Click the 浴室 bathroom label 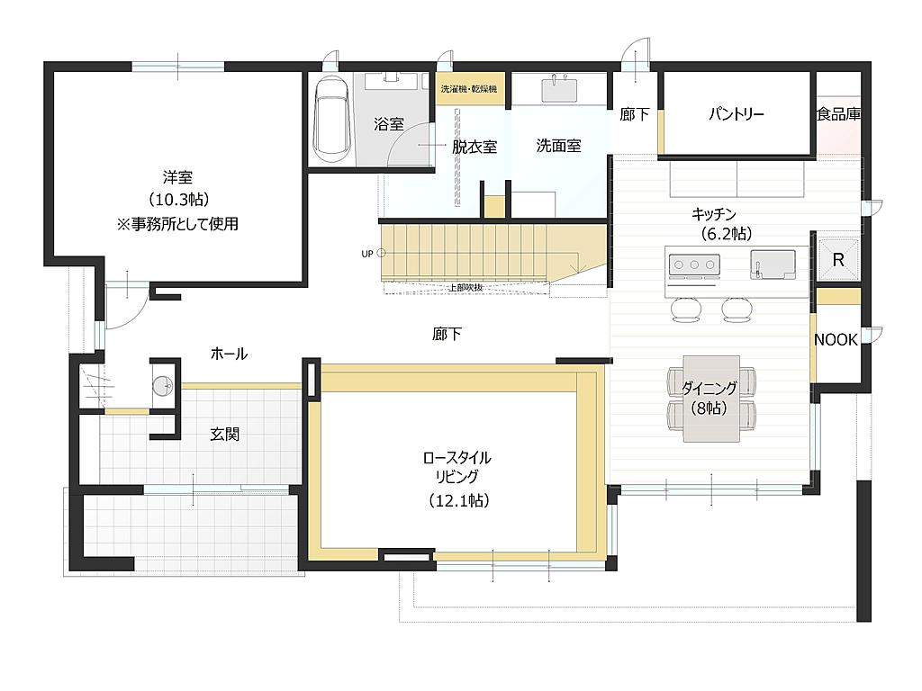click(389, 124)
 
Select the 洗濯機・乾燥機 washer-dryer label click(469, 89)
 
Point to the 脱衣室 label click(474, 147)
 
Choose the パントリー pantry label click(737, 113)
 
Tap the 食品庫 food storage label click(838, 114)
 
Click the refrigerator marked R click(838, 260)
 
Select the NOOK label click(836, 339)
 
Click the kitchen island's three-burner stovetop click(694, 265)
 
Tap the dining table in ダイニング click(711, 399)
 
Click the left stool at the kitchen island click(686, 310)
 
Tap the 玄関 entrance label click(224, 435)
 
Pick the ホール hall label click(229, 354)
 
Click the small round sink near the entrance click(162, 386)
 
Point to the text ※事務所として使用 click(177, 224)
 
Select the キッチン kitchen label click(714, 214)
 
